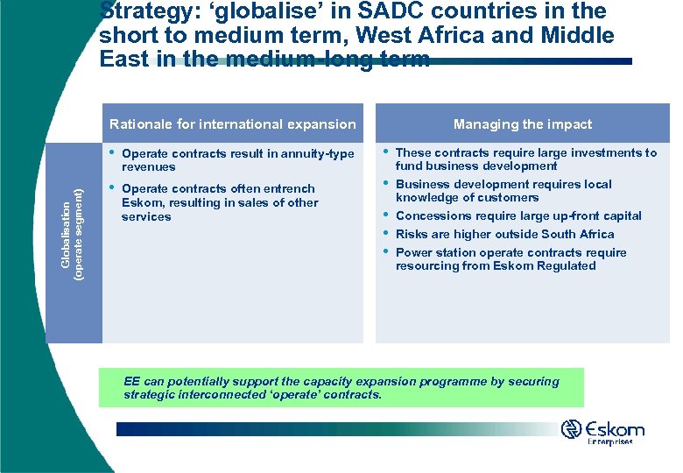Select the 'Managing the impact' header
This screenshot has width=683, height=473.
click(523, 124)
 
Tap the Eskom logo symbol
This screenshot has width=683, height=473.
click(572, 429)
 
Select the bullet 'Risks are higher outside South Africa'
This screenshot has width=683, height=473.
click(504, 234)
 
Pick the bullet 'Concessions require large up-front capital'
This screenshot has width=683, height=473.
click(518, 215)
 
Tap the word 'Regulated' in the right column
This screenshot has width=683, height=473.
click(566, 265)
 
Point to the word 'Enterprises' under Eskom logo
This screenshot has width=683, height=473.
click(609, 442)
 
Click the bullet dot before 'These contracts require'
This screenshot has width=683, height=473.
click(385, 151)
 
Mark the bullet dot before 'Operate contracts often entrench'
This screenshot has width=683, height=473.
click(111, 187)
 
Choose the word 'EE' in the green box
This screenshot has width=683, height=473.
click(132, 381)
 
